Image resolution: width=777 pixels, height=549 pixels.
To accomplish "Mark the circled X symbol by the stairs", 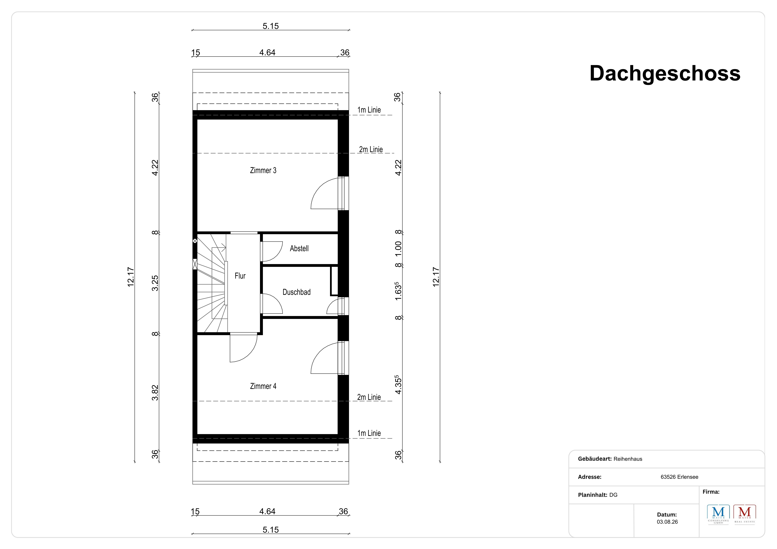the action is coord(195,241).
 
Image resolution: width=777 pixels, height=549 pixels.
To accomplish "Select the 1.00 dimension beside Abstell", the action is coord(398,249).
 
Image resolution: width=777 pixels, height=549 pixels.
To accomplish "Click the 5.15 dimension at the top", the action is coord(271,26).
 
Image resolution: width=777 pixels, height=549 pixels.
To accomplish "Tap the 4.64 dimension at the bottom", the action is coord(267,511).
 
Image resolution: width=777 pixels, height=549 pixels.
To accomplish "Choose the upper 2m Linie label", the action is coord(371,150).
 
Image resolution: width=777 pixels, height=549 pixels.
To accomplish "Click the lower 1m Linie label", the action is coord(369,433).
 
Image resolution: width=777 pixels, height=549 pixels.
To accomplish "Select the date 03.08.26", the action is coord(667,522).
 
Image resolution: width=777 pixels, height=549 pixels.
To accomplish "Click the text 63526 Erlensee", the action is coord(680,477).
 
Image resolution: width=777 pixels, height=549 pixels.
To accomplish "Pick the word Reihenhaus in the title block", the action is coord(628,459).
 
